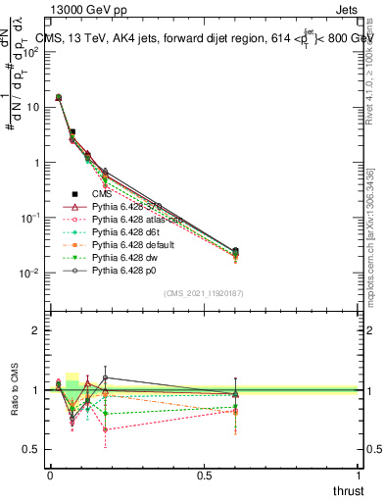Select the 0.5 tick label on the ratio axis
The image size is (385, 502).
31,450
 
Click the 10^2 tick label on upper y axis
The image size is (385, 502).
30,53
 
